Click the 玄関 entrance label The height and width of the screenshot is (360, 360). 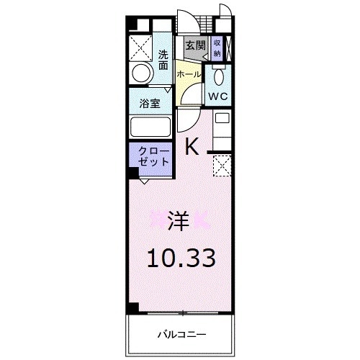(x=194, y=45)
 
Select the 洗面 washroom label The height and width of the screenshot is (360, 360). (x=164, y=59)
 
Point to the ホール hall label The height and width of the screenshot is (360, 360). (x=188, y=74)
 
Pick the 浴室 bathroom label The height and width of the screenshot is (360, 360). (x=150, y=102)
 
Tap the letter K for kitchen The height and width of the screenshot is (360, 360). (x=192, y=147)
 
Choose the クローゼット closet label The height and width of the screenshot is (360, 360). (x=150, y=156)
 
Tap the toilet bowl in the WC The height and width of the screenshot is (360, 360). (x=219, y=76)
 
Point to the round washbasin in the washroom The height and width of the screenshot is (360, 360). (x=143, y=72)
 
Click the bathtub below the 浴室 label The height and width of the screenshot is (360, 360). (x=150, y=126)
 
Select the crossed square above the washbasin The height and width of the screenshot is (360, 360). (x=143, y=45)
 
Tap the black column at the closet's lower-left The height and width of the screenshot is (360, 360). (x=133, y=174)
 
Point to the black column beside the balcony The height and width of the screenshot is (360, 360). (x=133, y=308)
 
